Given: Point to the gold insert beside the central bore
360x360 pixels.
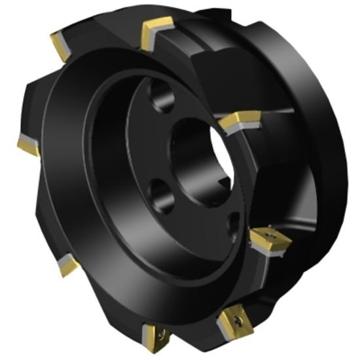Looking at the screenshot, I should click(x=238, y=121).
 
